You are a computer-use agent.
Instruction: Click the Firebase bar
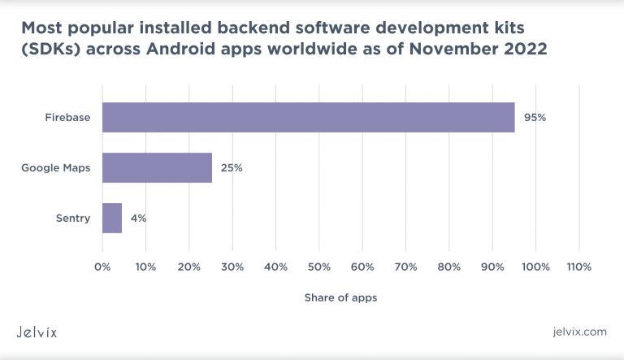tap(308, 118)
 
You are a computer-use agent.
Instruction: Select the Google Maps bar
tap(157, 168)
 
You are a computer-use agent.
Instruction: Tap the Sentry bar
tap(112, 218)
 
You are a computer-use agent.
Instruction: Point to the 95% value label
tap(535, 118)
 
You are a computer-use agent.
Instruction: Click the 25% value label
tap(232, 168)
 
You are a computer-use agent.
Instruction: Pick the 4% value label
tap(137, 218)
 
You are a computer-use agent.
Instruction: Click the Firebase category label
tap(67, 118)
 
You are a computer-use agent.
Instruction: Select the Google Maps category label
tap(56, 168)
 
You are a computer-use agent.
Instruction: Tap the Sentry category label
tap(73, 218)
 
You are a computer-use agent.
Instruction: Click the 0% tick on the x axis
tap(102, 267)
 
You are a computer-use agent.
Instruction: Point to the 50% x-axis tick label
tap(319, 267)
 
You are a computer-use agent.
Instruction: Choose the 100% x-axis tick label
tap(535, 267)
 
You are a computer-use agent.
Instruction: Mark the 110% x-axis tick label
tap(578, 267)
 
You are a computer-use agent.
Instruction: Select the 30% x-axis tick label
tap(232, 267)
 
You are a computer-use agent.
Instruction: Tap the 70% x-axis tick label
tap(405, 267)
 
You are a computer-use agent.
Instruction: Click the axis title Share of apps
tap(340, 297)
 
